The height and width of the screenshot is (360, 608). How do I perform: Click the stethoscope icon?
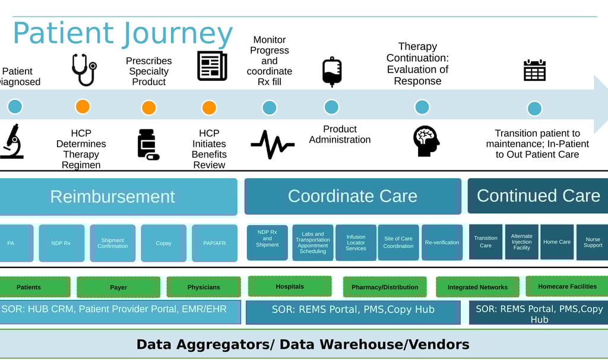[x=84, y=70]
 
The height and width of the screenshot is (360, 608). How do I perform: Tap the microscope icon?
[x=11, y=141]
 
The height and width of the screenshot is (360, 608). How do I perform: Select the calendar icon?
[x=534, y=70]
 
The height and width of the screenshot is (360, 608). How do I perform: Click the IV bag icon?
[x=331, y=72]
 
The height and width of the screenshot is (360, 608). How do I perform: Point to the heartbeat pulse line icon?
[x=272, y=144]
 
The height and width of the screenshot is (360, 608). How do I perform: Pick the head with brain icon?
[x=426, y=141]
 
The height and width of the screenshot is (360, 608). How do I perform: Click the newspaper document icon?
[x=212, y=65]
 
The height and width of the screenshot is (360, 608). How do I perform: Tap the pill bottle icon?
[x=148, y=144]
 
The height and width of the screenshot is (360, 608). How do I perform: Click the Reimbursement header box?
[x=113, y=196]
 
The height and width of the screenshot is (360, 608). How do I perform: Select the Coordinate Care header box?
[x=353, y=196]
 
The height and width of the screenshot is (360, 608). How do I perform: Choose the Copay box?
[x=163, y=243]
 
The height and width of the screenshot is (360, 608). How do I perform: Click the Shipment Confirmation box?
[x=113, y=243]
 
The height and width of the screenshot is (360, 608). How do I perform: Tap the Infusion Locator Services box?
[x=356, y=242]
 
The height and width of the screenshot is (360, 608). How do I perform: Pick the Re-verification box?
[x=442, y=242]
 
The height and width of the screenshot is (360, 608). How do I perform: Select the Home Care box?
[x=557, y=242]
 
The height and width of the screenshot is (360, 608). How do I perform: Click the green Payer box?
[x=118, y=287]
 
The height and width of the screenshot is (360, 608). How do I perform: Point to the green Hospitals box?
[x=290, y=286]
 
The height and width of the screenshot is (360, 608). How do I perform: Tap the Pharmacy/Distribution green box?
[x=385, y=287]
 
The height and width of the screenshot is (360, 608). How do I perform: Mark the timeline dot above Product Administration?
[x=331, y=107]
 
